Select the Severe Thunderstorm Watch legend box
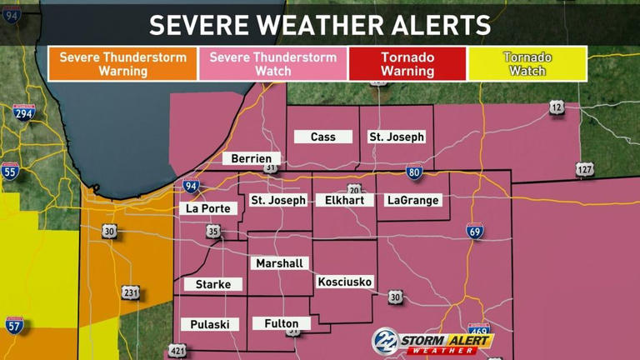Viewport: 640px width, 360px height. point(273,64)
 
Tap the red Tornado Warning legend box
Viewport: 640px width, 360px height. point(407,64)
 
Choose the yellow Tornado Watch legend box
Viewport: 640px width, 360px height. point(527,64)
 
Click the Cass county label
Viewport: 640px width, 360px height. point(323,137)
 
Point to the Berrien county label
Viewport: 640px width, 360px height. point(252,158)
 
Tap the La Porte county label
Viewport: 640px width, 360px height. point(207,208)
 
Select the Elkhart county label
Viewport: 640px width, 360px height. point(344,200)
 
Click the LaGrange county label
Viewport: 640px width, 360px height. point(412,200)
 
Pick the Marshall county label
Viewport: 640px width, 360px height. point(279,263)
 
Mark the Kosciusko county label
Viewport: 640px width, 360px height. point(345,282)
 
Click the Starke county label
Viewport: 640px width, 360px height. point(212,284)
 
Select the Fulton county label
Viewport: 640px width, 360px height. point(281,323)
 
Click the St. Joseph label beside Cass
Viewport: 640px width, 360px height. point(397,137)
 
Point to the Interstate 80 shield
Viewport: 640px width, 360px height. point(414,173)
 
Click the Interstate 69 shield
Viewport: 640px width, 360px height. point(474,231)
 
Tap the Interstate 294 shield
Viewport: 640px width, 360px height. point(23,113)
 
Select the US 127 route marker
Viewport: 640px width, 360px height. point(585,170)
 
